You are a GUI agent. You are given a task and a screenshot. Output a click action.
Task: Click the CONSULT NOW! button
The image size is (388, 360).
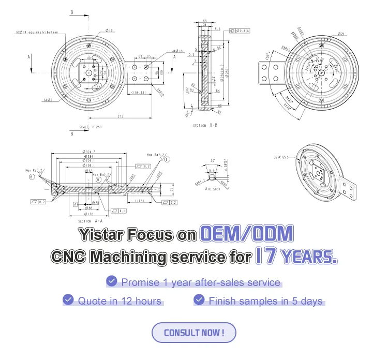(x=193, y=333)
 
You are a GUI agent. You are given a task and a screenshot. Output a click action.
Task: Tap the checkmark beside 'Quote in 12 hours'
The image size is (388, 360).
(x=68, y=299)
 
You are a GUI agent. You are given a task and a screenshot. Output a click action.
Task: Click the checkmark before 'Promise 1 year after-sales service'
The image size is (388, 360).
(x=111, y=281)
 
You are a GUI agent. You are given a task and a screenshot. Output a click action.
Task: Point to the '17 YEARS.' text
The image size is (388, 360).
(x=296, y=257)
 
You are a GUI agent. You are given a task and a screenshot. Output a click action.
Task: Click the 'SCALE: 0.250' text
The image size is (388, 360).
(x=91, y=127)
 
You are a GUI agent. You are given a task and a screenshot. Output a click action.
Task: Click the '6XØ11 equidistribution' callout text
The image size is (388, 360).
(x=37, y=32)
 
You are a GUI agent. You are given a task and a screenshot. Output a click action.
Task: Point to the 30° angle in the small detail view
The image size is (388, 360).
(x=212, y=160)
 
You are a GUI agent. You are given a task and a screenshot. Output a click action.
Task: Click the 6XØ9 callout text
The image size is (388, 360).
(x=49, y=99)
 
